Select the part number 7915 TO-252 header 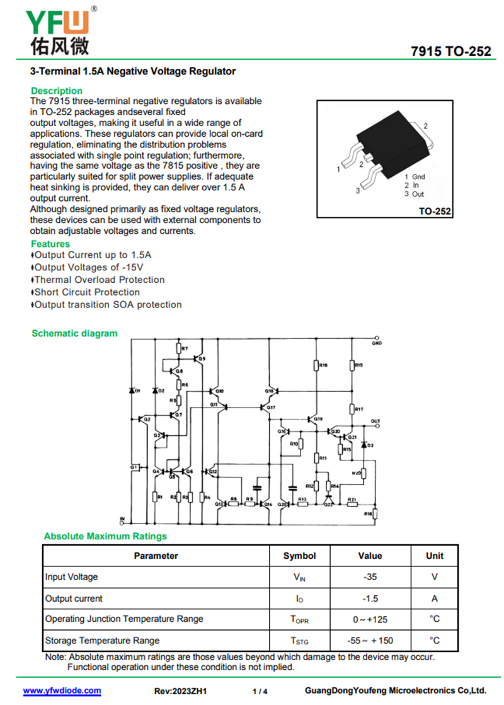[x=450, y=52]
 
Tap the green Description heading [x=57, y=91]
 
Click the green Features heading [x=50, y=244]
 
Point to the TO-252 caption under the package [x=435, y=212]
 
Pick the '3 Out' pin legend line [x=415, y=194]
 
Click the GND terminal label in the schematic [x=377, y=343]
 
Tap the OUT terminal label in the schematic [x=375, y=421]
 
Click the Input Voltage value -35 [x=370, y=576]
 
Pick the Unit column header [x=434, y=556]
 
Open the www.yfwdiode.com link [x=62, y=691]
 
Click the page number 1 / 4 [x=260, y=691]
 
